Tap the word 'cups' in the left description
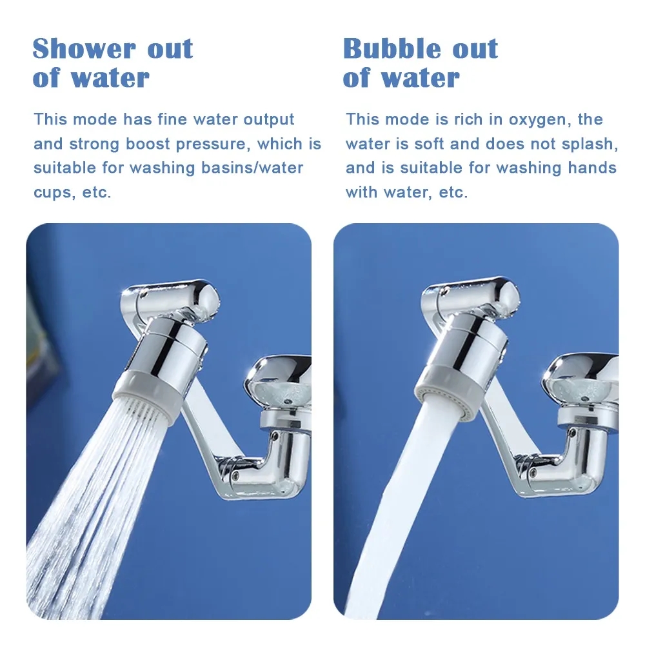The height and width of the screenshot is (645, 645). (x=54, y=193)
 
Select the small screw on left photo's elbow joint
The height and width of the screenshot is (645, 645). (x=236, y=474)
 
